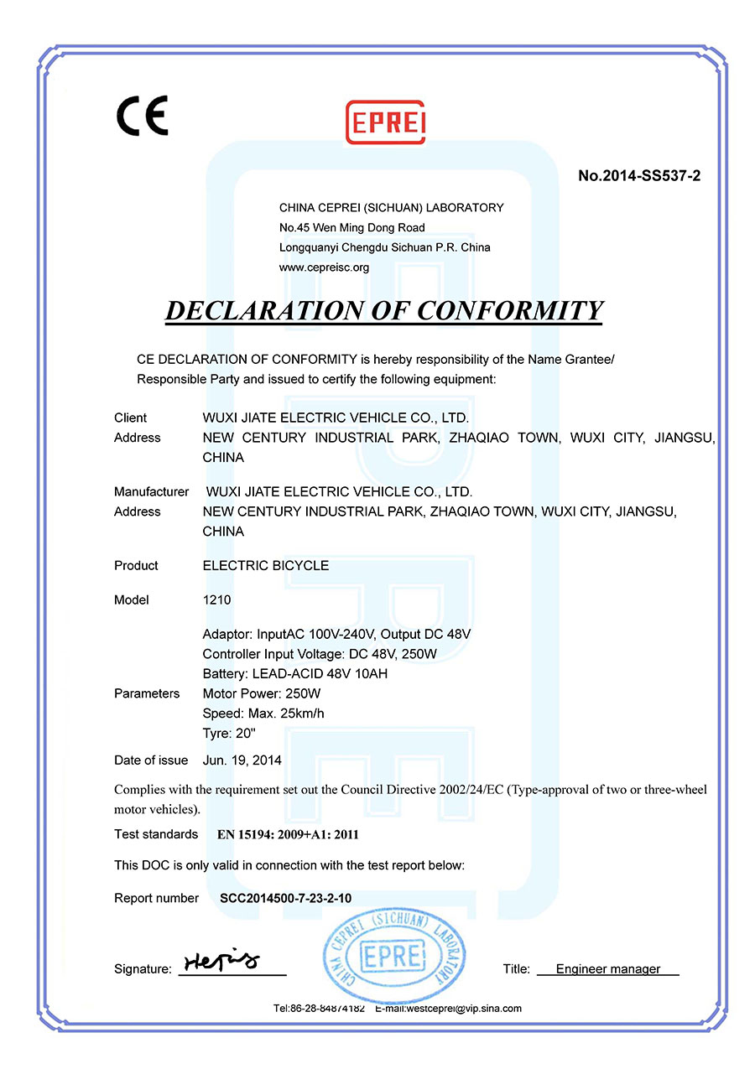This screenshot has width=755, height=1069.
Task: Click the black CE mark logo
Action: [x=142, y=116]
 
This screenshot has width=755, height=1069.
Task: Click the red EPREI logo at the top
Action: [x=386, y=122]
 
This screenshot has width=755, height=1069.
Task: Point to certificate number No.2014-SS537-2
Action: [x=639, y=176]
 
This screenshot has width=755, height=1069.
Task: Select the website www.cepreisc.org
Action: [x=324, y=267]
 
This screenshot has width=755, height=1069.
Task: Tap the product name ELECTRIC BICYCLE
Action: [x=266, y=566]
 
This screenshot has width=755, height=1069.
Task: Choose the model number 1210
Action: [x=216, y=600]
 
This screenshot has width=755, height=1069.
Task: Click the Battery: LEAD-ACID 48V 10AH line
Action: [x=294, y=674]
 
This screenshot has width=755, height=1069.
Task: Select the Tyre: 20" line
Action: [x=228, y=734]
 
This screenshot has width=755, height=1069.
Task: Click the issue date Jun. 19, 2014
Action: [x=242, y=760]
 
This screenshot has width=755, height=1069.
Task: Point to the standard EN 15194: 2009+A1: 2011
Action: [x=288, y=834]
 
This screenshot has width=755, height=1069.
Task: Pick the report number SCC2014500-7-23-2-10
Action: [x=285, y=899]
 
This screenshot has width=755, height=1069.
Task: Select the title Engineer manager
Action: [x=607, y=969]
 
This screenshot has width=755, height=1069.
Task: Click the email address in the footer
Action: [x=448, y=1009]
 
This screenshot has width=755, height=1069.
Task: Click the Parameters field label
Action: [x=147, y=693]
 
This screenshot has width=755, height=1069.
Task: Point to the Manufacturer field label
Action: [x=151, y=491]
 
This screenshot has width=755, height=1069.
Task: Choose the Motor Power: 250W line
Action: [x=262, y=694]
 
